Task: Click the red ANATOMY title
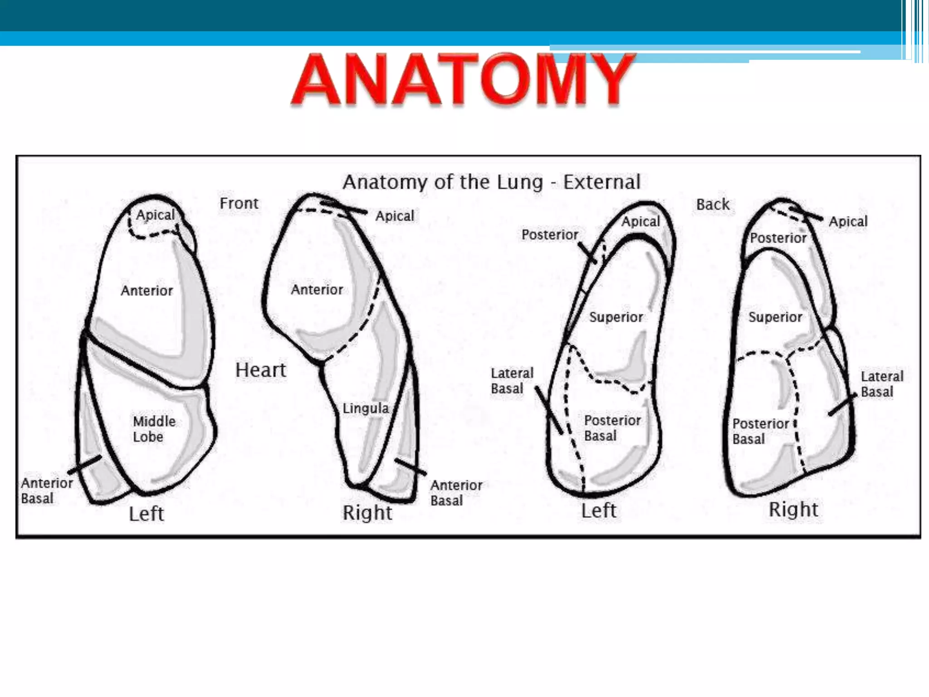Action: click(463, 80)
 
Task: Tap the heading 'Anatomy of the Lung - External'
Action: click(491, 182)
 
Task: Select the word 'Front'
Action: click(239, 203)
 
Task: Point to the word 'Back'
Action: click(713, 205)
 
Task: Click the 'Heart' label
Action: click(260, 370)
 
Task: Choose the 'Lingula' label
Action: click(365, 408)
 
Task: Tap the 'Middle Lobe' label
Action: click(154, 429)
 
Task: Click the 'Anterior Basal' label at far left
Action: click(46, 491)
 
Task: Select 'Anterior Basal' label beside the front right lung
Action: click(456, 493)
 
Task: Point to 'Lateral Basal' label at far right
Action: click(882, 384)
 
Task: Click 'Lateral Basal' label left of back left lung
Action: click(512, 381)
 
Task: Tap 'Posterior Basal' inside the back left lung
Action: click(612, 428)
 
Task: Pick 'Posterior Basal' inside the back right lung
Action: click(760, 431)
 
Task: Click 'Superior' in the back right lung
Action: click(775, 317)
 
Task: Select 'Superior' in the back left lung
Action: click(616, 317)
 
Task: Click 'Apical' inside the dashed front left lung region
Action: click(155, 215)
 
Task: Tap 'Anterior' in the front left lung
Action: click(147, 290)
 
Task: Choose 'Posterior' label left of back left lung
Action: click(550, 235)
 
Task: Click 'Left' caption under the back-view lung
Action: click(599, 510)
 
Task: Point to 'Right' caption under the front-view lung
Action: click(367, 513)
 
